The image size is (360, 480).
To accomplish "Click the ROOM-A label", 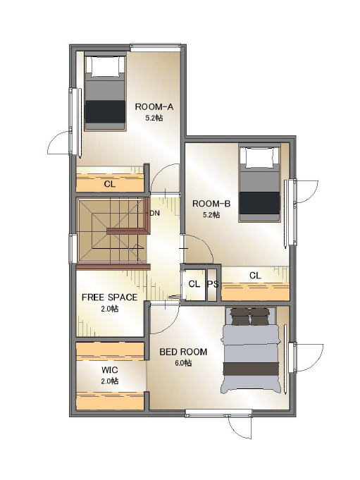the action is click(154, 107).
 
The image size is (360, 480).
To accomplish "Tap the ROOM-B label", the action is click(211, 204).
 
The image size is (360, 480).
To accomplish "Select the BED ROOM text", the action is click(183, 352).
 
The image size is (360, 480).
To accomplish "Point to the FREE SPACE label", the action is click(109, 297).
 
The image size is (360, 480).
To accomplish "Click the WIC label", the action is click(109, 371).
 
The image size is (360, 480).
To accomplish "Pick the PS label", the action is click(213, 284).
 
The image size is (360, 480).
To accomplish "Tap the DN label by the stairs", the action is click(155, 214).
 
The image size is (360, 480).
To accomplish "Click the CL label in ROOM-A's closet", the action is click(110, 184).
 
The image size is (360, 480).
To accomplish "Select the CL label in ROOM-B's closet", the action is click(255, 276).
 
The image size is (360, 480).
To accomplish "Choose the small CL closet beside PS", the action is click(194, 284).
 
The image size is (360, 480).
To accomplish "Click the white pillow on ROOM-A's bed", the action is click(105, 67).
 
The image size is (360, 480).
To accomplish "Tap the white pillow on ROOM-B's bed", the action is click(260, 158).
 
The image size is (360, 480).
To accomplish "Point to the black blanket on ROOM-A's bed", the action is click(105, 111).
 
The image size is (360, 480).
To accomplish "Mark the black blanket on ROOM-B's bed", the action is click(260, 203).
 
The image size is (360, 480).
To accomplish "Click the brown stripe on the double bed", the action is click(251, 369).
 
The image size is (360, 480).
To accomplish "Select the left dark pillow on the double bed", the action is click(240, 316).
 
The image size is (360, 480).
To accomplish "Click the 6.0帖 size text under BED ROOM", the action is click(183, 363).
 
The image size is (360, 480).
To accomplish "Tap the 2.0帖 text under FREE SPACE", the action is click(109, 309).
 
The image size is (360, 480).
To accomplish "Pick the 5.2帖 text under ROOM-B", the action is click(211, 214).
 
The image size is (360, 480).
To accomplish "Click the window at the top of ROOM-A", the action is click(155, 47).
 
